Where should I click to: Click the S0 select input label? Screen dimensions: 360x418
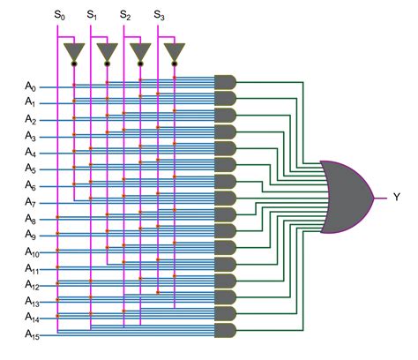click(x=58, y=16)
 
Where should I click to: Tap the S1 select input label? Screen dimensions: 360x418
click(x=92, y=16)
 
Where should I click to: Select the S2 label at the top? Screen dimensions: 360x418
click(x=124, y=16)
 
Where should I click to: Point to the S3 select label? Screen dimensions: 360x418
click(x=158, y=16)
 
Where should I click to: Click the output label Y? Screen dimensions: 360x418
click(x=396, y=197)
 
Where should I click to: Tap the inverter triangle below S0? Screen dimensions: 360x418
click(x=74, y=52)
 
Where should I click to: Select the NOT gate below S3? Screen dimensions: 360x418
click(x=174, y=52)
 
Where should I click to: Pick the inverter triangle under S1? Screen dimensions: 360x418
click(x=108, y=52)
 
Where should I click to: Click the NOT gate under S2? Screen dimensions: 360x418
click(x=140, y=52)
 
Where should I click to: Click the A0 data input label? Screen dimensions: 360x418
click(x=31, y=86)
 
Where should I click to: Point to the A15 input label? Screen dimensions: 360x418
click(x=31, y=334)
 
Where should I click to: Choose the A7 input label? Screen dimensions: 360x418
click(x=31, y=202)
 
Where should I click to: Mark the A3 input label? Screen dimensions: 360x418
click(x=31, y=136)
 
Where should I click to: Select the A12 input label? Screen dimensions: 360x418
click(x=31, y=285)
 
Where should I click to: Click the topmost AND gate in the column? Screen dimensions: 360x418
click(x=226, y=82)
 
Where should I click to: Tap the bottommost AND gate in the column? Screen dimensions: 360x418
click(x=226, y=330)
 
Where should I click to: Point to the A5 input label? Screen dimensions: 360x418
click(x=31, y=169)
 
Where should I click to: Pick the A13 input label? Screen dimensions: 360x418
click(x=31, y=301)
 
